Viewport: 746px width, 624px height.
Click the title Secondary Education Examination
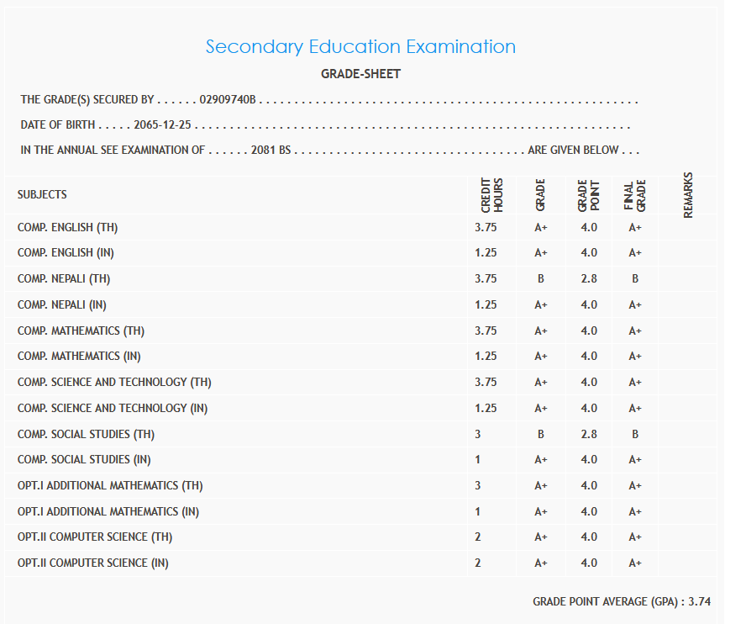pyautogui.click(x=360, y=46)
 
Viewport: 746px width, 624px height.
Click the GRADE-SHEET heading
pyautogui.click(x=360, y=74)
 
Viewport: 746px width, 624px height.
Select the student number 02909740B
pyautogui.click(x=228, y=100)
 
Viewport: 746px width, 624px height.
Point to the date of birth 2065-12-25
pyautogui.click(x=163, y=125)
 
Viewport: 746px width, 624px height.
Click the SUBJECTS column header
pyautogui.click(x=42, y=194)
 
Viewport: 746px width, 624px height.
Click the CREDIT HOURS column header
pyautogui.click(x=491, y=195)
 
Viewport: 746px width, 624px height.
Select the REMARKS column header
pyautogui.click(x=688, y=195)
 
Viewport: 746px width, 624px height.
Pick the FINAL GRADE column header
pyautogui.click(x=635, y=195)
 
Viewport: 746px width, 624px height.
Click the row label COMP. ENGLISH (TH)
pyautogui.click(x=75, y=227)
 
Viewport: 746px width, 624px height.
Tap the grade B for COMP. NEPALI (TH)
pyautogui.click(x=541, y=278)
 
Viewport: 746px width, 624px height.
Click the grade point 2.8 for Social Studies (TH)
pyautogui.click(x=588, y=434)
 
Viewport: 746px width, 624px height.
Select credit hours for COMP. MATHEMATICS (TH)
pyautogui.click(x=486, y=331)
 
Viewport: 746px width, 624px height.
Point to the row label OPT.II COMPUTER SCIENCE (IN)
pyautogui.click(x=92, y=563)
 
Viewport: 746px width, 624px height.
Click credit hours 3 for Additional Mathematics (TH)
pyautogui.click(x=478, y=485)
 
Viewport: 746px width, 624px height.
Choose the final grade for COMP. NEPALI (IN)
pyautogui.click(x=635, y=304)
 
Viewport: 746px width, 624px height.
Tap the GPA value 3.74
pyautogui.click(x=699, y=601)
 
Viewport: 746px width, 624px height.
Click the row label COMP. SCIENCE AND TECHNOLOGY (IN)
pyautogui.click(x=113, y=408)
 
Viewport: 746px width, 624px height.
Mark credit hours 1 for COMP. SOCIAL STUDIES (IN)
pyautogui.click(x=478, y=459)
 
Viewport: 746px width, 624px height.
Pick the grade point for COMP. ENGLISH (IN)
pyautogui.click(x=588, y=252)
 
